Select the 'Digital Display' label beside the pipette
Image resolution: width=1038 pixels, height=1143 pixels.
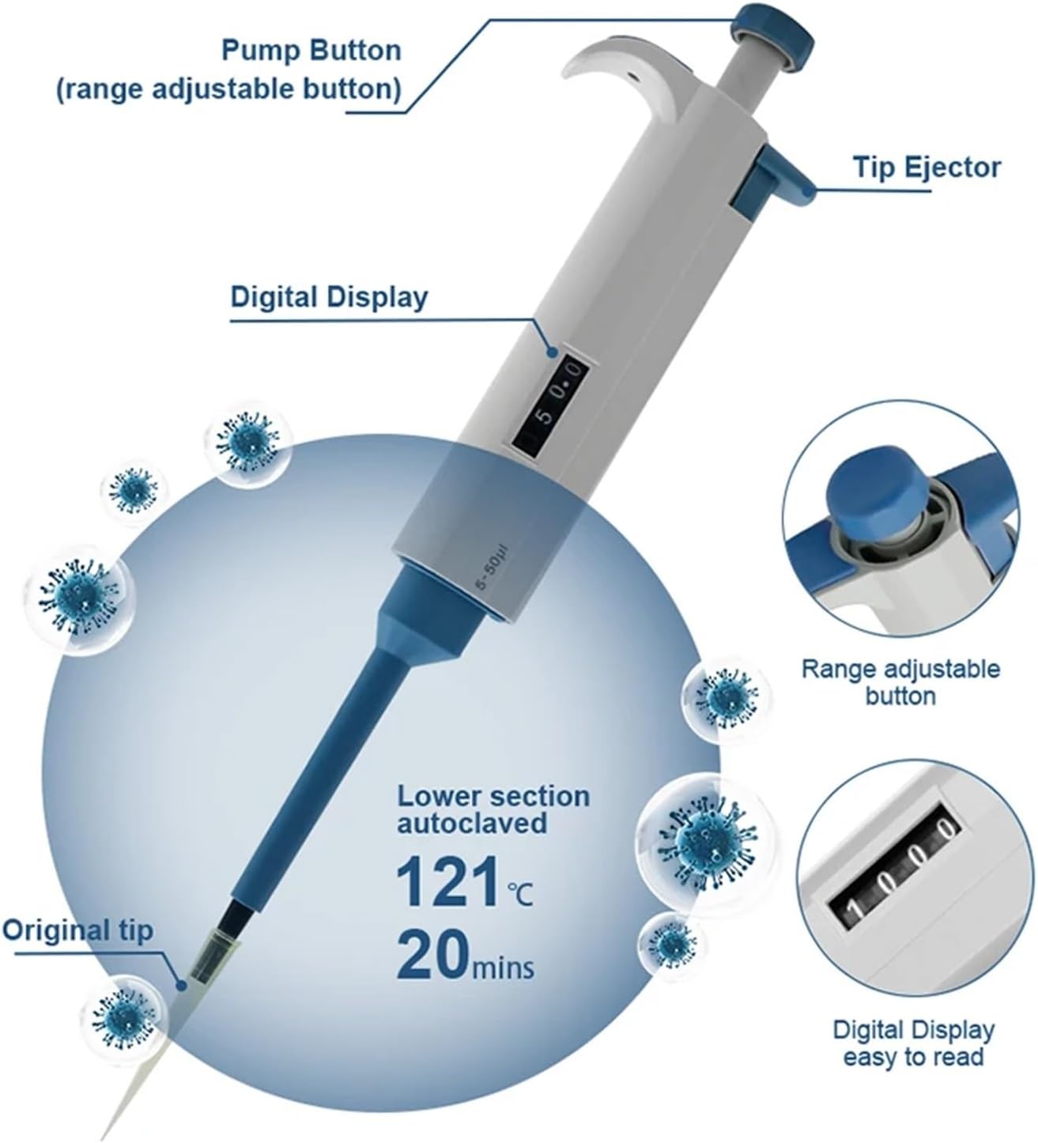click(329, 298)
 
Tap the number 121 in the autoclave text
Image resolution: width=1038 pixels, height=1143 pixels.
click(447, 883)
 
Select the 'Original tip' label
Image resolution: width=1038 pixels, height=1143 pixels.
click(77, 930)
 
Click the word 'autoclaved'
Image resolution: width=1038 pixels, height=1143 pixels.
click(471, 824)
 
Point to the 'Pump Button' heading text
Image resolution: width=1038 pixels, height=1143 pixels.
click(311, 51)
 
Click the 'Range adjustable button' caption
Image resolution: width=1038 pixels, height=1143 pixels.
click(900, 682)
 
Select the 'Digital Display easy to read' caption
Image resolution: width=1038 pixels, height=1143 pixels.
click(914, 1043)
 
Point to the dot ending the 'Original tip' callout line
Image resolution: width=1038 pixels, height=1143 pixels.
click(183, 985)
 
